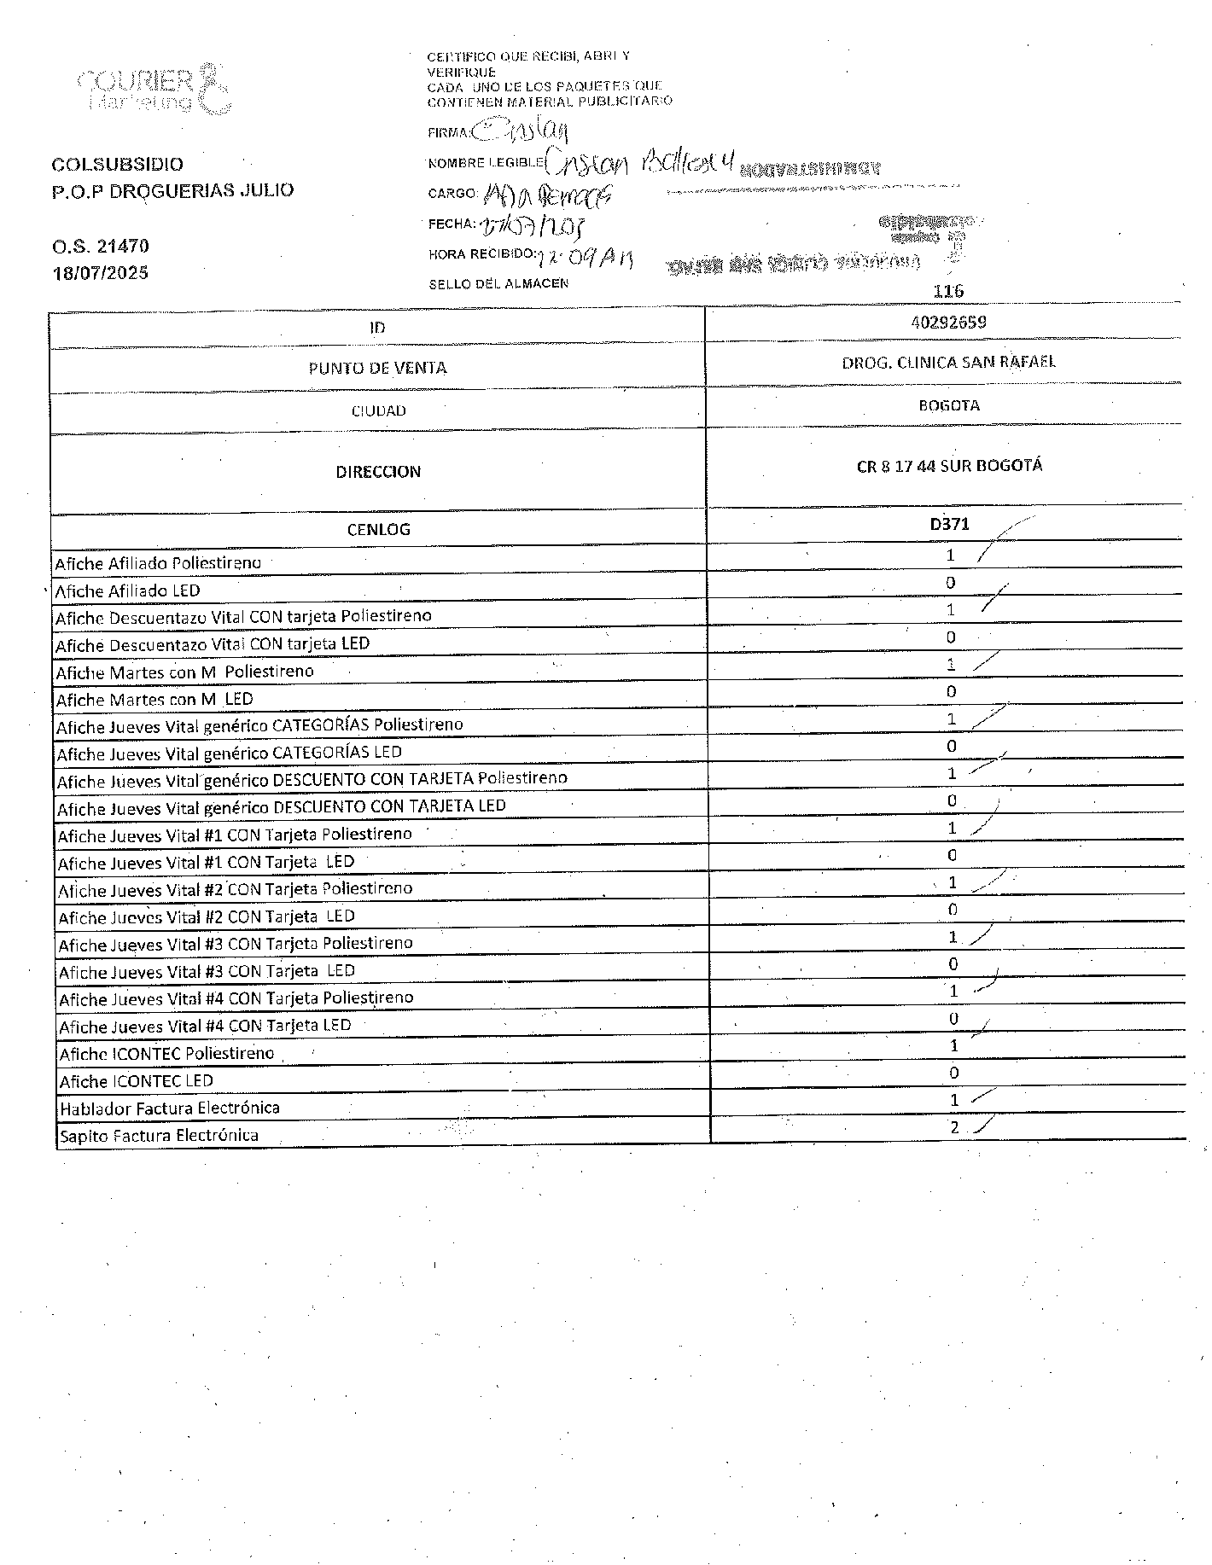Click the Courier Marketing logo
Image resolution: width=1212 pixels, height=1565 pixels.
(x=154, y=88)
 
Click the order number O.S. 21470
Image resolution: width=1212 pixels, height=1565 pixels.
(x=101, y=247)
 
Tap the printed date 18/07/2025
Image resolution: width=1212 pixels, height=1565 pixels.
(x=101, y=273)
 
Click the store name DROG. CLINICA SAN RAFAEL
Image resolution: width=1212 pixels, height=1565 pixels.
(x=948, y=362)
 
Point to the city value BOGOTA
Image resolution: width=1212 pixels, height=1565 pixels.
(x=948, y=405)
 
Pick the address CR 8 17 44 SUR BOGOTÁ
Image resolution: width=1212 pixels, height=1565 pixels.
(x=949, y=467)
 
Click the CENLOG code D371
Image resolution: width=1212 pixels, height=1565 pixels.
(x=949, y=524)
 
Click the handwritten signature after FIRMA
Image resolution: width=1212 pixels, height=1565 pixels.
(x=521, y=131)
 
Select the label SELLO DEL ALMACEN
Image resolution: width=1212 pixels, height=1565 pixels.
(x=498, y=283)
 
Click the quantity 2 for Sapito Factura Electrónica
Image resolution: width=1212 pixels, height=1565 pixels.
(x=954, y=1127)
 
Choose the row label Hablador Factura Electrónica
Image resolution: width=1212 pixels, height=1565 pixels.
(x=170, y=1108)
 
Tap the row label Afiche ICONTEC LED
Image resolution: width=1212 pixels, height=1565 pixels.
(x=137, y=1081)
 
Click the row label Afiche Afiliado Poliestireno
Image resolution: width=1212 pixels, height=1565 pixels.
(x=158, y=563)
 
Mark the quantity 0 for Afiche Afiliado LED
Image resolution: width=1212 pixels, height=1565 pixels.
(x=951, y=583)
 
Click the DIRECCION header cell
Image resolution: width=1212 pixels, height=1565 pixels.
(x=378, y=472)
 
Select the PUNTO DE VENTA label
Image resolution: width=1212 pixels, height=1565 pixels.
(x=377, y=368)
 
